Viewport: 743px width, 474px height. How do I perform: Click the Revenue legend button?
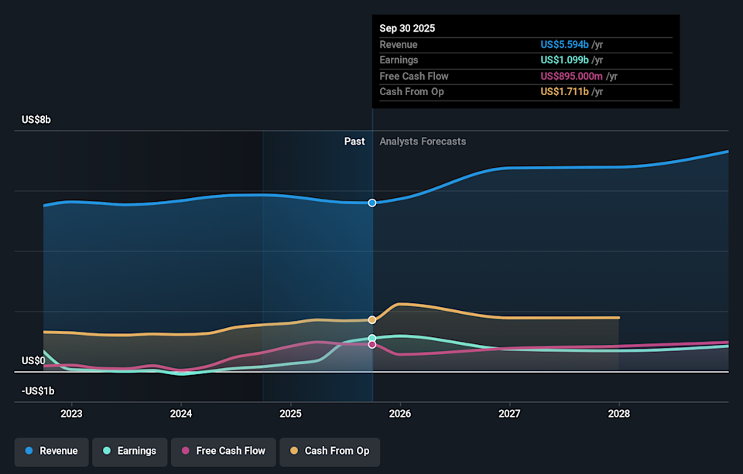52,451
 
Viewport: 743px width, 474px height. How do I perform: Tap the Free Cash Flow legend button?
222,451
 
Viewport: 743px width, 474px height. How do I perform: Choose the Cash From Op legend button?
329,451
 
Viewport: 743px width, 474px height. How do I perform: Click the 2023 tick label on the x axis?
71,414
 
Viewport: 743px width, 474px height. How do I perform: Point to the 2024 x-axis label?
180,414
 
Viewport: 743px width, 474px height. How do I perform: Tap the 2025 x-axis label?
290,414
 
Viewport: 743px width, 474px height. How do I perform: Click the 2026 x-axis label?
400,414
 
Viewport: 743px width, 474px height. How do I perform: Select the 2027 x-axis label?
509,414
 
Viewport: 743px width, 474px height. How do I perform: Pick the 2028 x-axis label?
619,414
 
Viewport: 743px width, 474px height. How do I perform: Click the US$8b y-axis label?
36,120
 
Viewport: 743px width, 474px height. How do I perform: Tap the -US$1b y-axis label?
37,390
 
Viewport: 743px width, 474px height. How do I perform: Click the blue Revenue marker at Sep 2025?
372,203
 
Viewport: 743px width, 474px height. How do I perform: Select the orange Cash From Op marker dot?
372,319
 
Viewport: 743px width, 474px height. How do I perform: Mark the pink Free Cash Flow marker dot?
372,344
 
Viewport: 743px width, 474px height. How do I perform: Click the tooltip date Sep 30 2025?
407,28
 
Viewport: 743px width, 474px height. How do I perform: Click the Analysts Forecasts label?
423,142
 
